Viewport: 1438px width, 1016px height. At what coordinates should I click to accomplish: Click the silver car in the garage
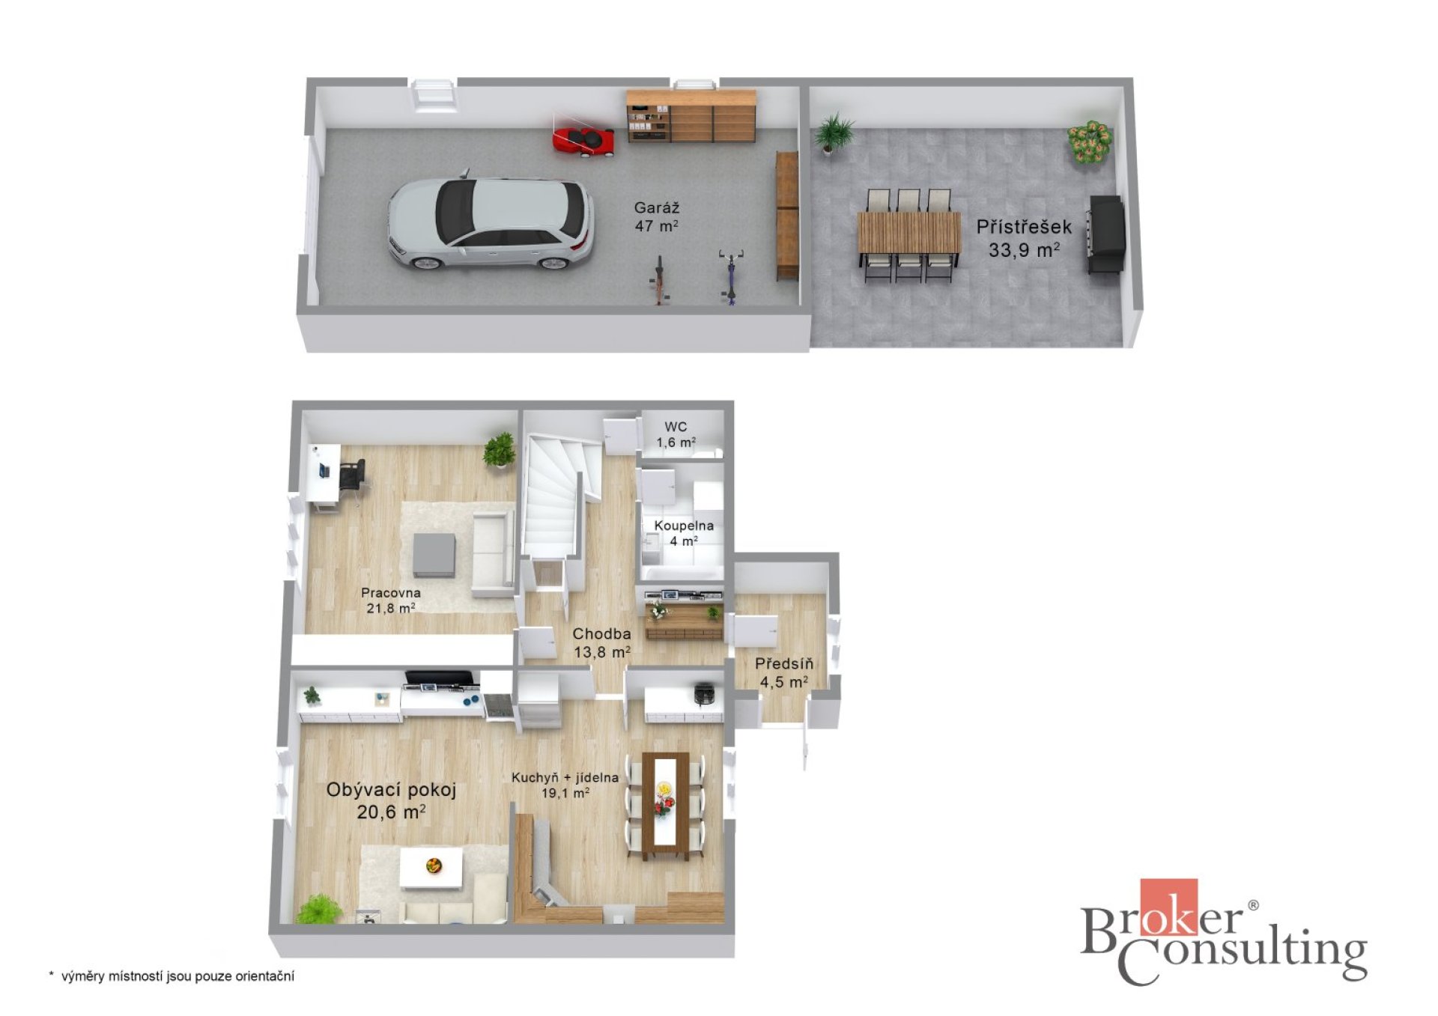pyautogui.click(x=491, y=223)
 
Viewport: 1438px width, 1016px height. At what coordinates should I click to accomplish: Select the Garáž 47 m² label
pyautogui.click(x=657, y=217)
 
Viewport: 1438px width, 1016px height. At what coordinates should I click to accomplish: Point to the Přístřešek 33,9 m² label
pyautogui.click(x=1023, y=238)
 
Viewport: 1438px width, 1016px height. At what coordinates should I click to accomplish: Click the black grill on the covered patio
pyautogui.click(x=1106, y=235)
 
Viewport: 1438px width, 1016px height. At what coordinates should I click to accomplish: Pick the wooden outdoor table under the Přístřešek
pyautogui.click(x=908, y=232)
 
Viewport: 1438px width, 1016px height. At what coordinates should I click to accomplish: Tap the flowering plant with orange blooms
pyautogui.click(x=1089, y=142)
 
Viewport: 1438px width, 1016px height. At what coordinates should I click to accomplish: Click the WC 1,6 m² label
pyautogui.click(x=676, y=435)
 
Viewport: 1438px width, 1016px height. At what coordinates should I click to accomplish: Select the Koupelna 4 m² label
pyautogui.click(x=684, y=533)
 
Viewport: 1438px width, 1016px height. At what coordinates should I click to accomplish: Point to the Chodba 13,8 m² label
pyautogui.click(x=601, y=643)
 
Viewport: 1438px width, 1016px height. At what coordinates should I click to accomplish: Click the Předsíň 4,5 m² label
pyautogui.click(x=783, y=672)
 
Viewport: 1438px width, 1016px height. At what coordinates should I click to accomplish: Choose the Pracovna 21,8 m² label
pyautogui.click(x=390, y=600)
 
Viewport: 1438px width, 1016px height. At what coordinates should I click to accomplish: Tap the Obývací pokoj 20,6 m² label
pyautogui.click(x=391, y=800)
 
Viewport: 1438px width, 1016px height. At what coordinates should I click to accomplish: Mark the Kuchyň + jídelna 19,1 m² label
pyautogui.click(x=565, y=785)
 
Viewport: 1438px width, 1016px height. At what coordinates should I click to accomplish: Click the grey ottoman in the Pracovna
pyautogui.click(x=434, y=554)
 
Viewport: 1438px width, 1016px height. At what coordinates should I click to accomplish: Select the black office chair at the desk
pyautogui.click(x=352, y=475)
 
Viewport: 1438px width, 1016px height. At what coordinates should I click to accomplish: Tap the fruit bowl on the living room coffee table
pyautogui.click(x=433, y=866)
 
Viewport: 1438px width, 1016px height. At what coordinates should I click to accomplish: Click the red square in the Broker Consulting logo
pyautogui.click(x=1168, y=907)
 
